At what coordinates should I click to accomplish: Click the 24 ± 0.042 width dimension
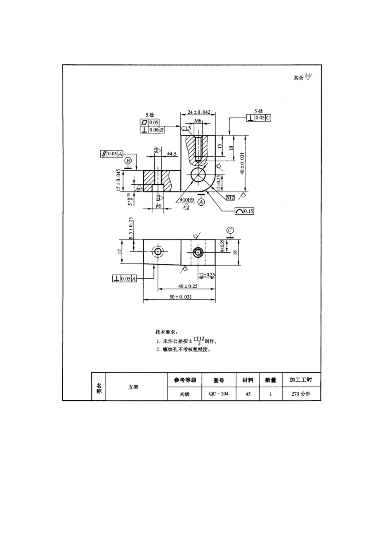[198, 112]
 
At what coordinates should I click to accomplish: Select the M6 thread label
[198, 121]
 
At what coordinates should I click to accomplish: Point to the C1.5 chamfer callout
[186, 129]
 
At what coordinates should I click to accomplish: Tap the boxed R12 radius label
[230, 198]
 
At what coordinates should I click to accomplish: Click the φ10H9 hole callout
[187, 200]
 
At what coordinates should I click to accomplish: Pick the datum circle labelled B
[128, 160]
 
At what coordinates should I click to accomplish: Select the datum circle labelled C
[230, 230]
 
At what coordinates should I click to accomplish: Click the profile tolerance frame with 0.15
[244, 211]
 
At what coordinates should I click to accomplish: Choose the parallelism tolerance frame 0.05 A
[112, 154]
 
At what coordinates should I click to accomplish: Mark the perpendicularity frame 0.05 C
[259, 118]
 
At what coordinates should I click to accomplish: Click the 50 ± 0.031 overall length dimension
[180, 297]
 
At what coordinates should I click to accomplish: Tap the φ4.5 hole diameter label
[172, 154]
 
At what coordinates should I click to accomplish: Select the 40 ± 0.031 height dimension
[243, 163]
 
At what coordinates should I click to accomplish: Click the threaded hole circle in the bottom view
[198, 252]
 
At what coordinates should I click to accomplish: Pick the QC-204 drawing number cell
[218, 394]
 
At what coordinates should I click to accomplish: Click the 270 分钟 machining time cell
[300, 394]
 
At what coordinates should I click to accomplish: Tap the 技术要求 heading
[166, 332]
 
